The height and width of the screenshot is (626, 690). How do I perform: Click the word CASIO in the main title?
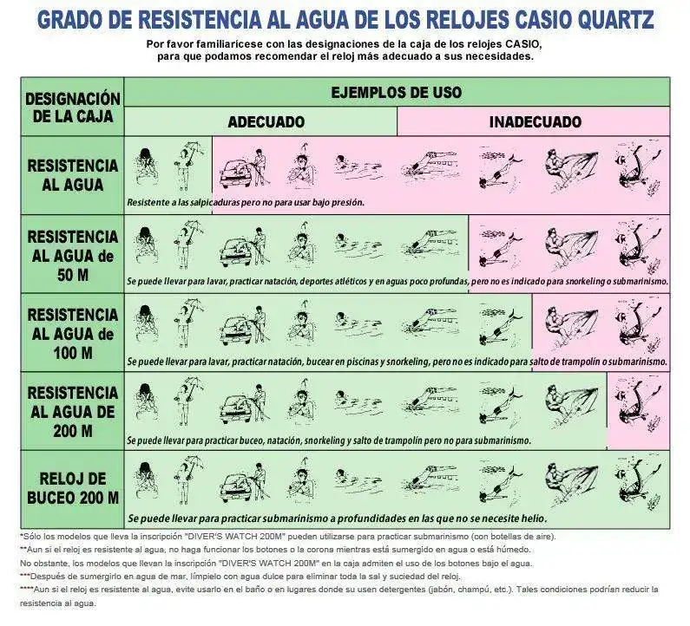544,20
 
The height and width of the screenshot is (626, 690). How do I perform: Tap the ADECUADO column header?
266,121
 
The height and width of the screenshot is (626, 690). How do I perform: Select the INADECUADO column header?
536,121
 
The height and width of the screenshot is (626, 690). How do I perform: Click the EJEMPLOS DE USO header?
396,92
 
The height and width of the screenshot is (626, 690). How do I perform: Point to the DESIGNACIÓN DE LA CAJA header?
73,108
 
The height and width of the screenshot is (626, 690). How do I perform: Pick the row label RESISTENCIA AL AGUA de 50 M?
73,256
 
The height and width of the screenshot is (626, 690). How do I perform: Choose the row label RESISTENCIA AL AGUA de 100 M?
73,334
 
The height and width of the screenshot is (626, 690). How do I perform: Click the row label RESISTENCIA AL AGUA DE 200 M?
73,412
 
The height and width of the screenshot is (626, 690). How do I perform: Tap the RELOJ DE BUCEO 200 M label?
73,488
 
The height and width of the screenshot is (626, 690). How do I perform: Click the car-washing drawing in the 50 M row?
242,247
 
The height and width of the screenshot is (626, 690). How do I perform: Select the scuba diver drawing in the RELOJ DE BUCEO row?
638,483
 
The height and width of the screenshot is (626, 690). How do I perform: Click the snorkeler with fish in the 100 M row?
500,324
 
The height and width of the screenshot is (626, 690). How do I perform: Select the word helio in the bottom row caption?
535,518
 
